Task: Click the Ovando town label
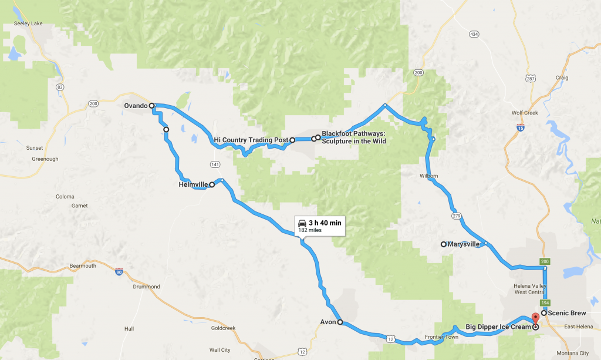[x=136, y=106]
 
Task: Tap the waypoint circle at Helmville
[x=212, y=184]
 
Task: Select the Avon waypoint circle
[x=340, y=322]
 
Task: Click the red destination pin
[x=535, y=318]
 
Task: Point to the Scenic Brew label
[x=568, y=313]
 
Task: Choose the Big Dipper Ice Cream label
[x=498, y=326]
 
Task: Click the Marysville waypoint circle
[x=444, y=244]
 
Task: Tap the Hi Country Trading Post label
[x=251, y=140]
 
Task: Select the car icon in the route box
[x=302, y=223]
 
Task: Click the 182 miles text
[x=309, y=230]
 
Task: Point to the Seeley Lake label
[x=26, y=25]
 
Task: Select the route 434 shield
[x=474, y=34]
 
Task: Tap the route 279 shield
[x=457, y=216]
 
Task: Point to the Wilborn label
[x=428, y=176]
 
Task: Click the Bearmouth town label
[x=82, y=266]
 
